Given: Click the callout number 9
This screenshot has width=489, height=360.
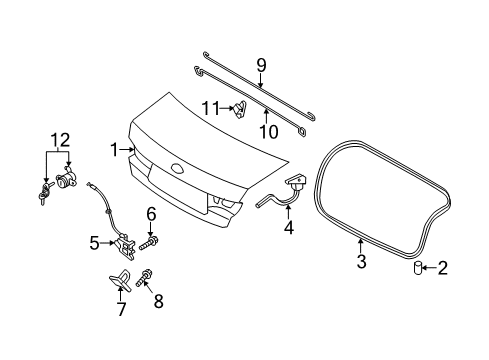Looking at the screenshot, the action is point(261,65).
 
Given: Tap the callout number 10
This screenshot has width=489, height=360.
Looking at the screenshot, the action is point(269,132).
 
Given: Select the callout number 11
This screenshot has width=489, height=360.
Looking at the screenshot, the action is point(211,108).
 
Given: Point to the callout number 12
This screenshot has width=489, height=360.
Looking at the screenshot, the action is point(60,140).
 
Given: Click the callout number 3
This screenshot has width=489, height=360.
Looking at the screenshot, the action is point(361,261).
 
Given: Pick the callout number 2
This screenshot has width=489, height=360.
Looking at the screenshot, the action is point(442,268).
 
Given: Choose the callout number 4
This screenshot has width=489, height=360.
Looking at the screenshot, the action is point(289,227).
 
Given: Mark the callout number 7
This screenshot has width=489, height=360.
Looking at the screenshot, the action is point(121,309).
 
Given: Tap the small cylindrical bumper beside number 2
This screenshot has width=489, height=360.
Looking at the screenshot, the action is point(417,268).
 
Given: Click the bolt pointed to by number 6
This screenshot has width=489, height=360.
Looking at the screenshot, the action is point(148,243).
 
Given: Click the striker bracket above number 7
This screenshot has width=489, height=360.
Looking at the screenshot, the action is point(119,279).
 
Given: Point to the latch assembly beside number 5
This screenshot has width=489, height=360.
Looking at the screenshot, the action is point(125,247).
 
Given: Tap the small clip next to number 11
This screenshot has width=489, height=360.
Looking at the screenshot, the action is point(240,110).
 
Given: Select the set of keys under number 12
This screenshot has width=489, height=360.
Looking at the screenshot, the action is point(45,193).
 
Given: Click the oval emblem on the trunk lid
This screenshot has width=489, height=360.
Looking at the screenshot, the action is point(179,168).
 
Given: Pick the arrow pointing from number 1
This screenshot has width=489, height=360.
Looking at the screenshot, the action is point(128,150).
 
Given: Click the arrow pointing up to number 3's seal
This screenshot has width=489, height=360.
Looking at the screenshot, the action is point(360,246).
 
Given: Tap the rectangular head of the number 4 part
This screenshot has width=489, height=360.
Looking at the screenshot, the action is point(296,179).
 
